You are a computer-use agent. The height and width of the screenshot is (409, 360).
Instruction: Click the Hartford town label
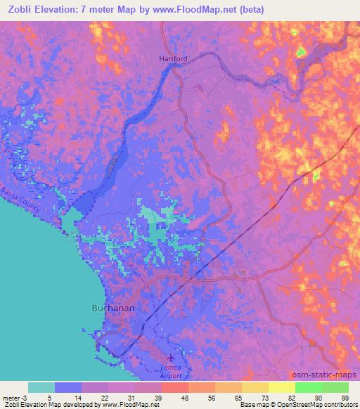(172, 60)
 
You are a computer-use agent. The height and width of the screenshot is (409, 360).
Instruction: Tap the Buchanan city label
(112, 308)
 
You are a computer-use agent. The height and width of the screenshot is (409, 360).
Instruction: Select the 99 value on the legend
(345, 397)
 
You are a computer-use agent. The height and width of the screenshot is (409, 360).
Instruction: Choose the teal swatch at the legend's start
(41, 387)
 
